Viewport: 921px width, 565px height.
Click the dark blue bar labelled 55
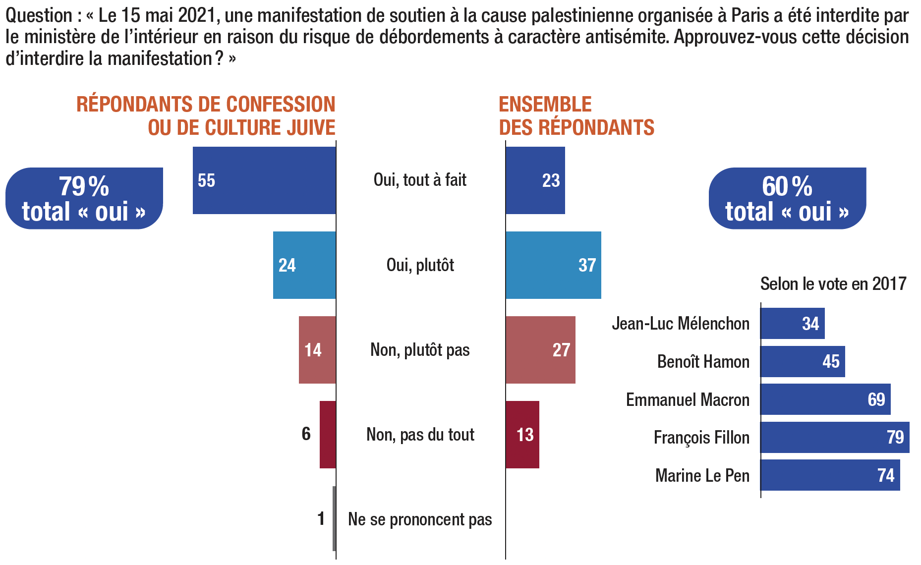264,180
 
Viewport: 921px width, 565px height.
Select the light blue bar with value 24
304,265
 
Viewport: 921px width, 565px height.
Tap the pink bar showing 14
317,350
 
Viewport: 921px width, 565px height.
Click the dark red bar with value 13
522,435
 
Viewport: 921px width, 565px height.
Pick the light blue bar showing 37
553,265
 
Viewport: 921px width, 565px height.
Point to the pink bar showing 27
540,350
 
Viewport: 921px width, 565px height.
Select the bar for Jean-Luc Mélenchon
792,324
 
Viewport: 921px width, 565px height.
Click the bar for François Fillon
835,437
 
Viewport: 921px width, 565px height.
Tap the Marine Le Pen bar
830,475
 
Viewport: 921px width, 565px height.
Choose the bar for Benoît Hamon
803,361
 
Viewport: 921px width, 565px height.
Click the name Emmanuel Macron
688,400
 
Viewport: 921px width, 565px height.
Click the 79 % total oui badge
84,199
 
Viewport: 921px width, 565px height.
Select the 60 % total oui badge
787,199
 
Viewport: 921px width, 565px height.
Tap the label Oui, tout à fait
420,180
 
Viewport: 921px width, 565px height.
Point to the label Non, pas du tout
420,435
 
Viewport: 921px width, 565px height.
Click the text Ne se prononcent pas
420,519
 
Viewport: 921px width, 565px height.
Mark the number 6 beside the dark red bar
306,434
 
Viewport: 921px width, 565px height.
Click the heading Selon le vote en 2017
833,284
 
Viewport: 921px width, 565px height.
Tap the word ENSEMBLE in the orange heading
545,105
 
